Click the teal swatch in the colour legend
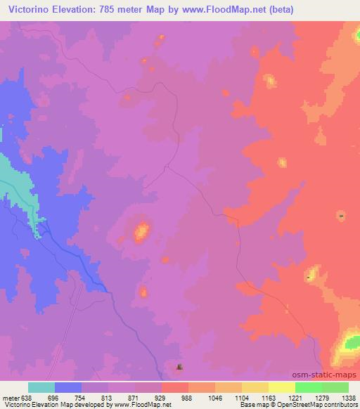(41, 387)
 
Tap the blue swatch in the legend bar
(68, 387)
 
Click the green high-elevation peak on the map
(349, 344)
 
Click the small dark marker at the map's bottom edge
(179, 366)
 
